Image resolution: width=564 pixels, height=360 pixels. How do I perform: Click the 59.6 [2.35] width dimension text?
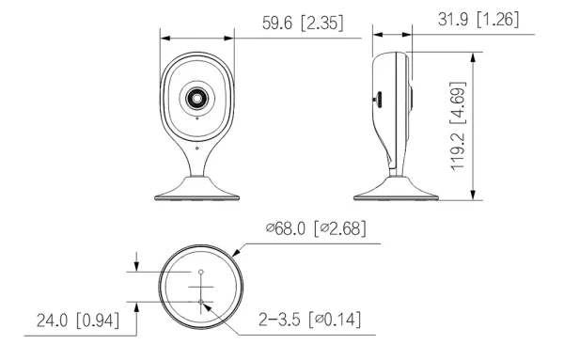coord(303,23)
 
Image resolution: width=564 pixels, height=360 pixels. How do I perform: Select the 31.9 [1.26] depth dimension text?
coord(478,19)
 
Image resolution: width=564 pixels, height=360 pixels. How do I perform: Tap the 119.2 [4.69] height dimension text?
coord(458,126)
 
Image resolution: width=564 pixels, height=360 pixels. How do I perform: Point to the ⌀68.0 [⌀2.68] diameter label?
coord(316,228)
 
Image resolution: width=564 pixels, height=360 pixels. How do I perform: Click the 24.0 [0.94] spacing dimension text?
coord(78,321)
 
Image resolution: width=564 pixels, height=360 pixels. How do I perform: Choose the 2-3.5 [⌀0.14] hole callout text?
coord(309,320)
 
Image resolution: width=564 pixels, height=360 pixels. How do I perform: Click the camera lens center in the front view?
coord(196,98)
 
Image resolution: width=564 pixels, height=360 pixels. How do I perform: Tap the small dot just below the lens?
coord(196,118)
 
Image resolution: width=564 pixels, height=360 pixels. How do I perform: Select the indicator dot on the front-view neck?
coord(196,148)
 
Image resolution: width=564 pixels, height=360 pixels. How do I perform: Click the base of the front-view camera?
coord(196,189)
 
